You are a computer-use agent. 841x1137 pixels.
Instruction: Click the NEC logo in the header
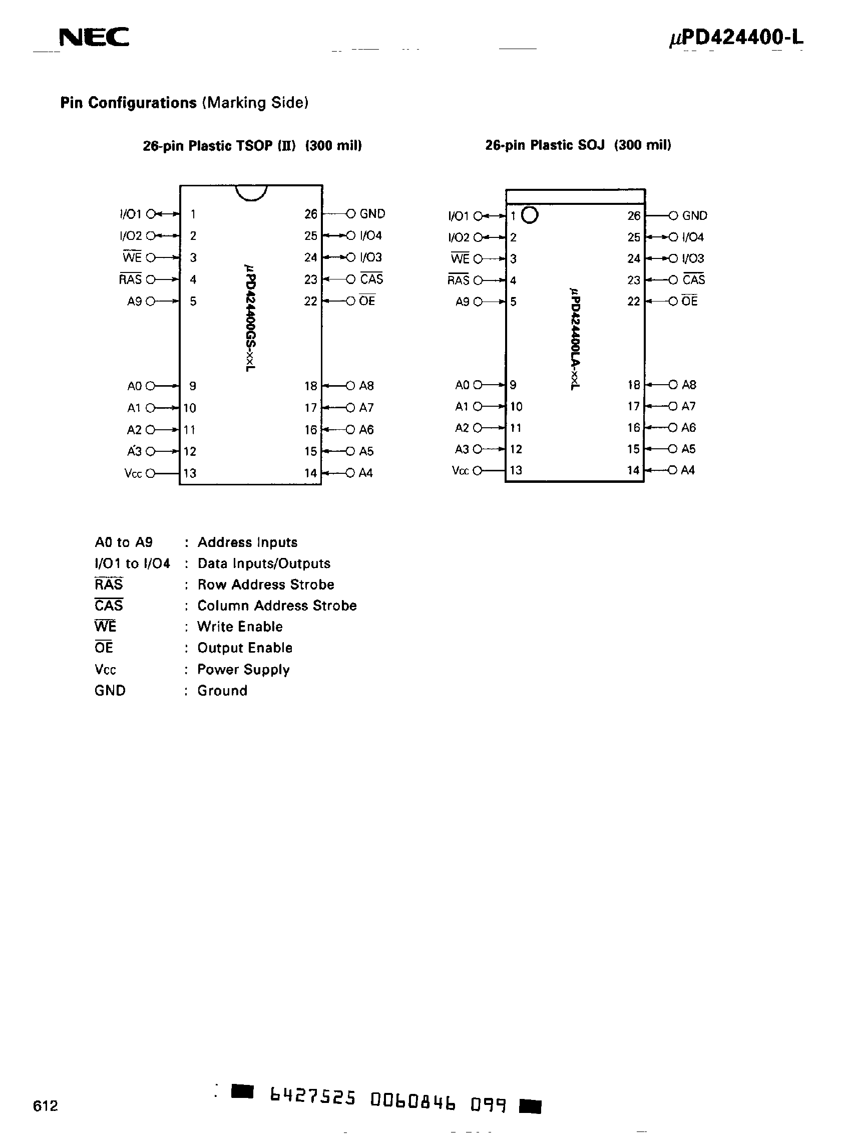click(x=94, y=37)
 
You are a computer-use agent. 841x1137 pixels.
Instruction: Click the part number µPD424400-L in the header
click(x=736, y=38)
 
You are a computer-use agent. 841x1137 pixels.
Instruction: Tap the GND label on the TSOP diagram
click(x=372, y=214)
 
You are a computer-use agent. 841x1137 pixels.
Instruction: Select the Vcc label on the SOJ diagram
click(x=460, y=471)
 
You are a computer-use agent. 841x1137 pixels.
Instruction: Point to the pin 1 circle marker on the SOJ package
click(x=530, y=215)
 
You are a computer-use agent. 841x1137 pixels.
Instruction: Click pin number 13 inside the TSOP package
click(x=190, y=473)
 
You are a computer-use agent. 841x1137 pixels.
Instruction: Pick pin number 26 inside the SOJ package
click(x=634, y=216)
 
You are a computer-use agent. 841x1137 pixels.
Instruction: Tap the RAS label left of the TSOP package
click(x=130, y=279)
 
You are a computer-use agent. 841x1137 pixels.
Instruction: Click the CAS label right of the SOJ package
click(x=694, y=279)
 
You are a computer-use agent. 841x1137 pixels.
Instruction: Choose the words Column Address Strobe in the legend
click(x=277, y=606)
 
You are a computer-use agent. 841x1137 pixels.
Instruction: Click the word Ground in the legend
click(x=222, y=691)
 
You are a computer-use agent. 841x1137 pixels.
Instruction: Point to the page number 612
click(x=46, y=1106)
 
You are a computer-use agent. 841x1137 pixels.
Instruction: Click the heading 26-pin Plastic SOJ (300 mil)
click(x=578, y=145)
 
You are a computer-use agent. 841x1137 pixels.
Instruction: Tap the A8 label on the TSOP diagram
click(x=366, y=386)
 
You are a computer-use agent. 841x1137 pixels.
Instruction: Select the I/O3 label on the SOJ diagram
click(x=693, y=258)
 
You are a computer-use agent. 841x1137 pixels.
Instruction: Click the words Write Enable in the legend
click(x=240, y=627)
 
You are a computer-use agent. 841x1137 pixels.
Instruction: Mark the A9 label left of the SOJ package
click(x=462, y=302)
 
